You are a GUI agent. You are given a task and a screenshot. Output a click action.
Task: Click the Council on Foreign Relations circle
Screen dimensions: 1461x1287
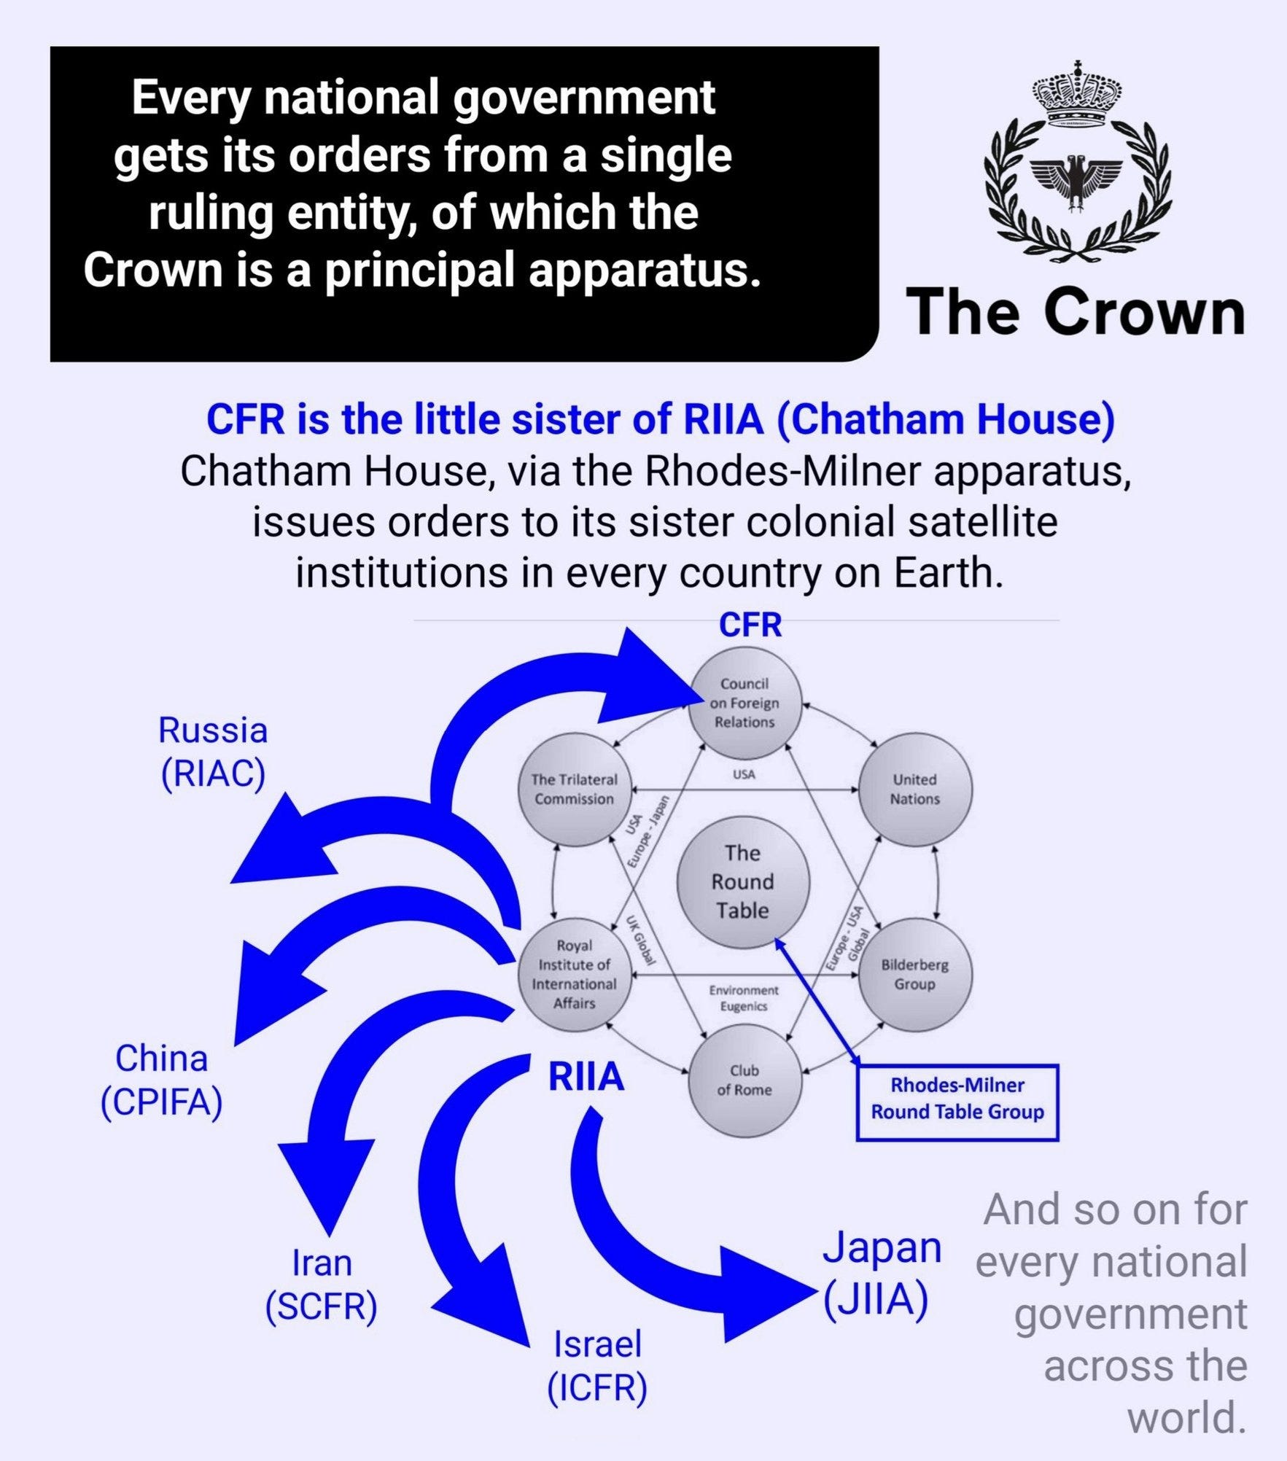[x=744, y=703]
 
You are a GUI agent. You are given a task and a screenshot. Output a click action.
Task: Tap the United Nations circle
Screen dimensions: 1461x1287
[x=915, y=789]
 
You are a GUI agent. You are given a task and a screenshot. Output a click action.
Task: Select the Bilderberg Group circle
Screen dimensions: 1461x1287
[x=915, y=974]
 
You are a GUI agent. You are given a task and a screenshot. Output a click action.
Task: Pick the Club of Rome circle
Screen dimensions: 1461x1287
[x=744, y=1080]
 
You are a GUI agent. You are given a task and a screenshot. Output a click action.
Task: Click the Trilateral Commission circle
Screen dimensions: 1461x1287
[x=575, y=789]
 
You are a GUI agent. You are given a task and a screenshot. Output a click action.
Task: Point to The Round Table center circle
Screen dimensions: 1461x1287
[x=742, y=881]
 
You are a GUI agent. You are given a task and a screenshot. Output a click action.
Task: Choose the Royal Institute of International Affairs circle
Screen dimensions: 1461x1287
[x=575, y=974]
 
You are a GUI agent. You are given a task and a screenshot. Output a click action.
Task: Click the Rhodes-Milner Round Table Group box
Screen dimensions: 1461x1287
[x=957, y=1102]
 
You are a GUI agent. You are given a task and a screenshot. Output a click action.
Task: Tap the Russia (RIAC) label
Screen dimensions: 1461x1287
[x=213, y=752]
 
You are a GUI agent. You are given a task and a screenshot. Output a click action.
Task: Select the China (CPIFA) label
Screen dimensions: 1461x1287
[x=161, y=1080]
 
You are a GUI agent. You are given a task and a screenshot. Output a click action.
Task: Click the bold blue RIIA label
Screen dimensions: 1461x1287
[x=586, y=1077]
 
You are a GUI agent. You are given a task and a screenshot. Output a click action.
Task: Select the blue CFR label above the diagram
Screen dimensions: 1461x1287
[x=750, y=625]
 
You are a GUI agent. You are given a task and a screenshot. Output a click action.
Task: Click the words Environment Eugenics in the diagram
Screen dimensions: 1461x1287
[x=744, y=998]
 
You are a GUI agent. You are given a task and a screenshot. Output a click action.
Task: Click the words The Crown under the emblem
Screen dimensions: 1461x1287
[x=1076, y=312]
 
